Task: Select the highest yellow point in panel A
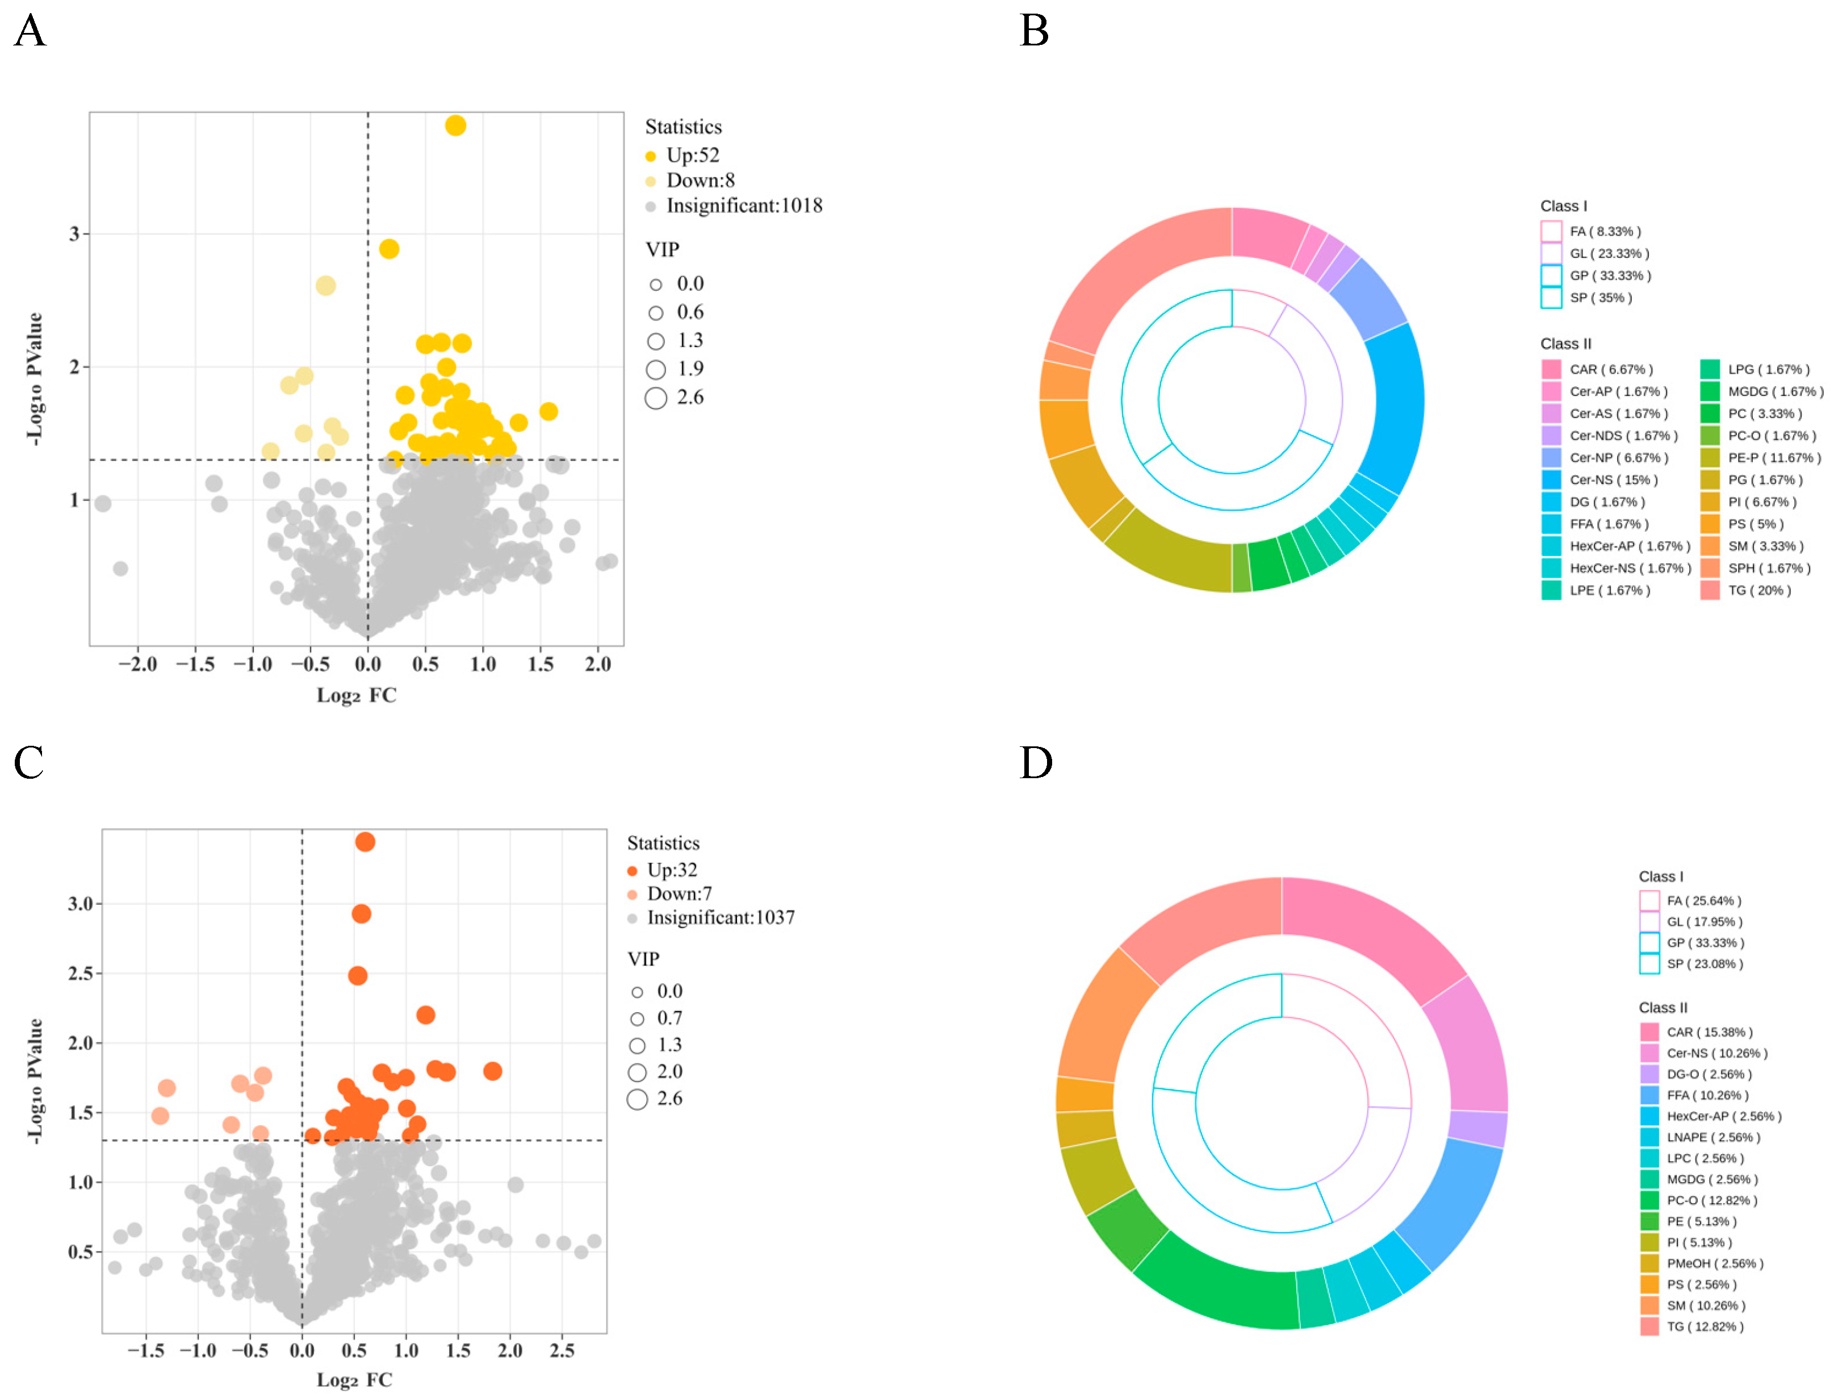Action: (455, 126)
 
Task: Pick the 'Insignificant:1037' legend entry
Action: (720, 918)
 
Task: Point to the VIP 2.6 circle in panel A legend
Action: (656, 398)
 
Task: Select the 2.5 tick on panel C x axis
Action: (562, 1350)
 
